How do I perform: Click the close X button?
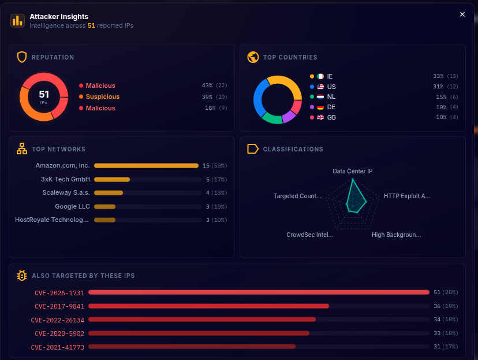click(462, 14)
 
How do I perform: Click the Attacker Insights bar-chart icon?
click(17, 21)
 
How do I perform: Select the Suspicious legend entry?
click(102, 97)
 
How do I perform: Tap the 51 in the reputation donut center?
click(44, 94)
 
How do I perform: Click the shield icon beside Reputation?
click(22, 57)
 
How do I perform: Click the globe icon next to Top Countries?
click(253, 57)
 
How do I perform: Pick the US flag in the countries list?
click(320, 87)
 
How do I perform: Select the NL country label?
click(331, 97)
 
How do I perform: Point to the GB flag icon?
click(320, 117)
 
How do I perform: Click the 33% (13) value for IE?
click(445, 76)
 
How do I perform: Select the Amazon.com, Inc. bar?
click(146, 166)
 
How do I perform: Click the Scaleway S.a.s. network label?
click(66, 192)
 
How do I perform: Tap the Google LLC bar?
click(105, 206)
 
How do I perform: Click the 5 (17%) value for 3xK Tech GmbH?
click(216, 179)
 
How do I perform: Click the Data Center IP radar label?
click(352, 171)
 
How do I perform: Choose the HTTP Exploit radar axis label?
click(406, 196)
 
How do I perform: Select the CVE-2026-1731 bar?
click(259, 292)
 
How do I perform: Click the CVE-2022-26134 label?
click(58, 320)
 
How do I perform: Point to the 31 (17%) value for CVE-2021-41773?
click(445, 347)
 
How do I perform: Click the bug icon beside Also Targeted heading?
click(22, 276)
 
